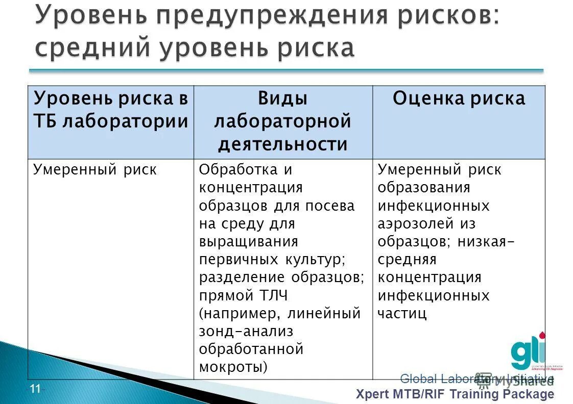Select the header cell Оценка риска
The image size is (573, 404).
[x=459, y=98]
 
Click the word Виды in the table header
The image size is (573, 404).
[x=282, y=98]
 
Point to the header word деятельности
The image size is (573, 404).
[x=282, y=144]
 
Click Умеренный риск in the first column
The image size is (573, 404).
[x=95, y=170]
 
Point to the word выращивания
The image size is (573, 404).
[x=249, y=241]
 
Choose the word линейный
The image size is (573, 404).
[x=324, y=313]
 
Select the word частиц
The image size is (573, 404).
[x=402, y=313]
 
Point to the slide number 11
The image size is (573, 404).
[x=35, y=389]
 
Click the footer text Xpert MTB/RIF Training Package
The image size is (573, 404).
[x=455, y=394]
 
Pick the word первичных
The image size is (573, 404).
[x=238, y=259]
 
